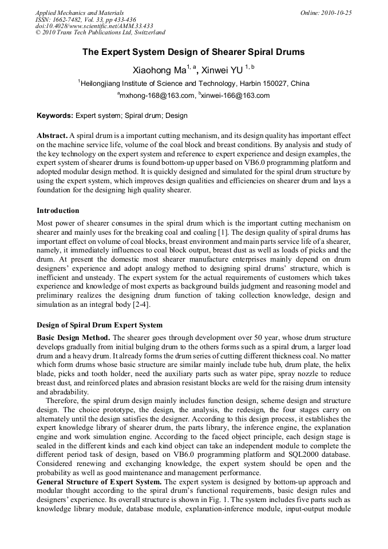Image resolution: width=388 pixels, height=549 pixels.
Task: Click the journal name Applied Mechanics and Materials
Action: coord(80,13)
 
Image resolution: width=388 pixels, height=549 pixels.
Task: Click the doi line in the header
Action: coord(94,26)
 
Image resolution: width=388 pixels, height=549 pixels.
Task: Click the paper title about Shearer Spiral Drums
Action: coord(193,52)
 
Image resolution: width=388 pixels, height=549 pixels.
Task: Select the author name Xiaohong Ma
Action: coord(160,71)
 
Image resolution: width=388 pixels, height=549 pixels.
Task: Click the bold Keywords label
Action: coord(55,116)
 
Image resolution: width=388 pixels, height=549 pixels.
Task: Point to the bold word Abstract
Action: coord(52,135)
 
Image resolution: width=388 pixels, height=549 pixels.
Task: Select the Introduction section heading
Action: coord(58,211)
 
